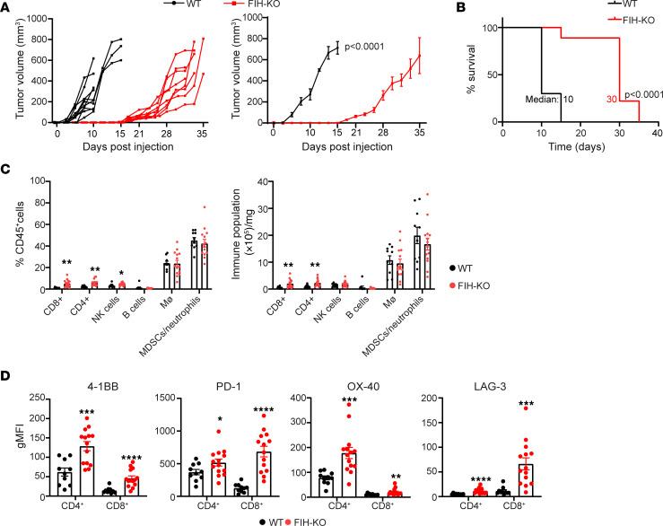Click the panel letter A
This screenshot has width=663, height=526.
click(x=7, y=7)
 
